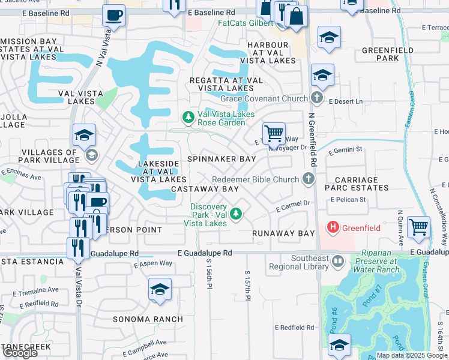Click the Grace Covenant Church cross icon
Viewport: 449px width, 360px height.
click(x=317, y=98)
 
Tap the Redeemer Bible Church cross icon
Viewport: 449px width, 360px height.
click(x=308, y=179)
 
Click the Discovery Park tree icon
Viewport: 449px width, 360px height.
click(x=237, y=213)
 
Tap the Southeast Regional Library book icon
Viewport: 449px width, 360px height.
click(x=338, y=262)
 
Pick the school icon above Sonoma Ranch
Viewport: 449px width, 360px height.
click(x=160, y=289)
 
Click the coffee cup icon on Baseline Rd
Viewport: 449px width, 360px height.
click(x=113, y=16)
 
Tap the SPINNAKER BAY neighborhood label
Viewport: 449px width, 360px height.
click(x=221, y=159)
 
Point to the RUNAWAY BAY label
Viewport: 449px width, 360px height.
click(x=283, y=233)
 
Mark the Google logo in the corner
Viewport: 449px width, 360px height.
click(x=20, y=353)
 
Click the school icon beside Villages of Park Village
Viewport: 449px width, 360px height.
click(x=84, y=136)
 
